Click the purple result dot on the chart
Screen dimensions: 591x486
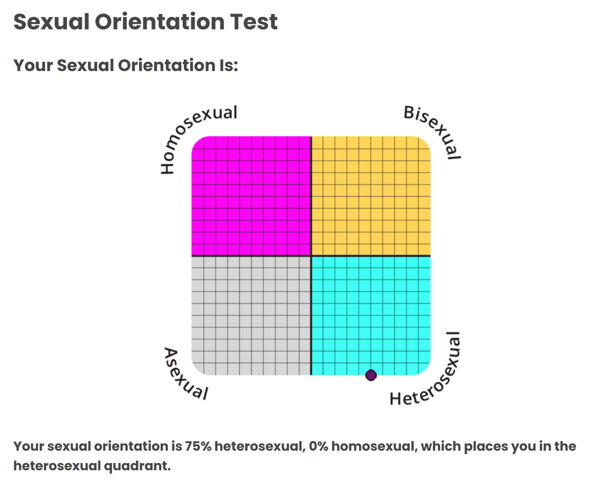(371, 375)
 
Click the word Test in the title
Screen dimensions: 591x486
(254, 22)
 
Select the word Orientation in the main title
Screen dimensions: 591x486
(160, 22)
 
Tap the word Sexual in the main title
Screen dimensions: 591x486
(51, 22)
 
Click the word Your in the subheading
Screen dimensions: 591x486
(33, 66)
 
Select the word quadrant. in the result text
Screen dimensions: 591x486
(137, 466)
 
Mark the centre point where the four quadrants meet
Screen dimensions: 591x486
(311, 256)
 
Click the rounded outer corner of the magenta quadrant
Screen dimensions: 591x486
(195, 140)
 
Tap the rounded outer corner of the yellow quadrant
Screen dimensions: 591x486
(427, 140)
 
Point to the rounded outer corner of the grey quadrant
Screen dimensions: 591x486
(195, 371)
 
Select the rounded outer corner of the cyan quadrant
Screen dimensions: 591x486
(427, 371)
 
